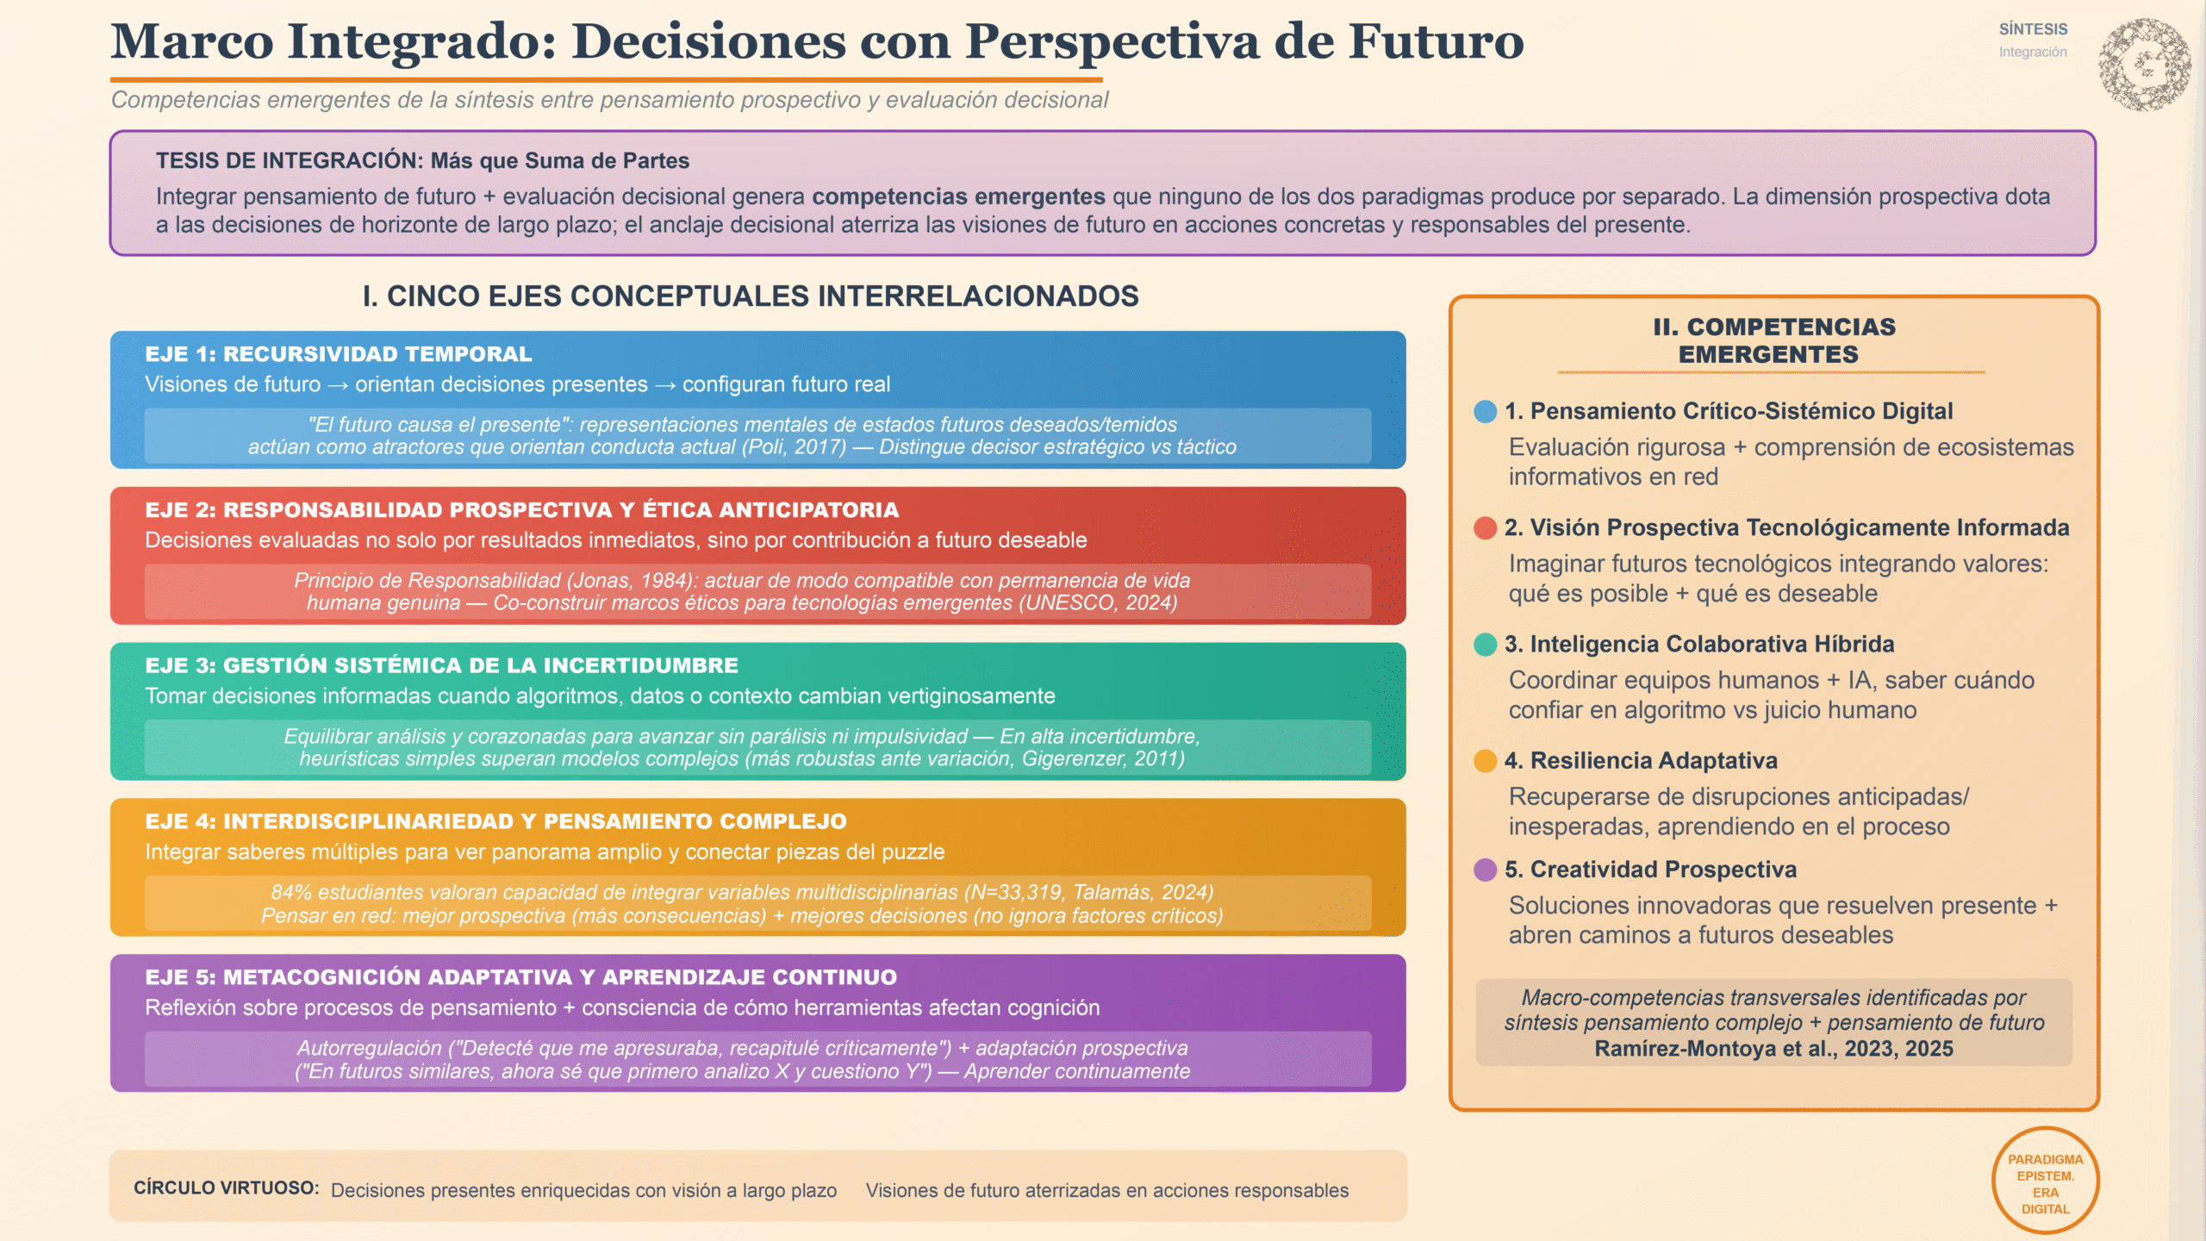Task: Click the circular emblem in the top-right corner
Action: click(x=2145, y=65)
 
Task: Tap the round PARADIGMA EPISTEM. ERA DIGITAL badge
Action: click(x=2045, y=1181)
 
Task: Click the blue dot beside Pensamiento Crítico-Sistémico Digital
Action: click(x=1485, y=411)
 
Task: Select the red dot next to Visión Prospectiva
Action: click(x=1485, y=527)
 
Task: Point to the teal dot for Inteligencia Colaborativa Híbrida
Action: click(x=1485, y=644)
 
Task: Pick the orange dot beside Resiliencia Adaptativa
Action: click(x=1485, y=760)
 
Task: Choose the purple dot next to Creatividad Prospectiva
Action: click(x=1485, y=870)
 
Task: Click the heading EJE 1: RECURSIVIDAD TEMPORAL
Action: click(x=339, y=354)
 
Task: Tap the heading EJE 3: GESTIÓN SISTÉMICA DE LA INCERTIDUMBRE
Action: click(x=441, y=665)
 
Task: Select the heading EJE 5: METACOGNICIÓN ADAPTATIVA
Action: click(x=520, y=977)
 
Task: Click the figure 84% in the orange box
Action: click(x=291, y=892)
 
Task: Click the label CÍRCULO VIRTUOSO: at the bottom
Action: click(x=226, y=1188)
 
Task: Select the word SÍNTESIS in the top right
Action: click(x=2033, y=29)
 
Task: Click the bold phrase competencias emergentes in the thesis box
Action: click(x=958, y=196)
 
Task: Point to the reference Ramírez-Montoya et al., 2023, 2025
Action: click(x=1773, y=1049)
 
